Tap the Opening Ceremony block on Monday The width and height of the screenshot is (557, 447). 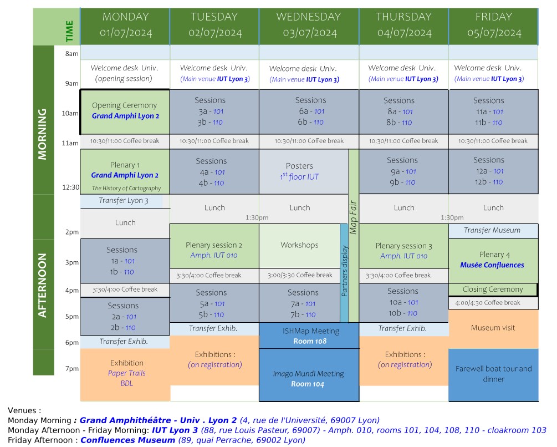tap(125, 111)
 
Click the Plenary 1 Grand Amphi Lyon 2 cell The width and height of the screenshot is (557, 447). tap(125, 170)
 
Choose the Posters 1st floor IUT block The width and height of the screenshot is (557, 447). tap(299, 171)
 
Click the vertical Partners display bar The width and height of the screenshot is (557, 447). tap(344, 272)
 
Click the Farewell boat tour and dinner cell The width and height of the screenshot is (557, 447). tap(493, 374)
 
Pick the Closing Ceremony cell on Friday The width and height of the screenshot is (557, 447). tap(492, 289)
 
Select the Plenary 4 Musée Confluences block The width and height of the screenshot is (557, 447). tap(492, 260)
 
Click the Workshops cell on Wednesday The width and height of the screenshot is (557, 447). tap(299, 245)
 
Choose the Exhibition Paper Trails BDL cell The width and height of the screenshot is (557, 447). tap(126, 373)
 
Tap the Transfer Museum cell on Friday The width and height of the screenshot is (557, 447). tap(492, 230)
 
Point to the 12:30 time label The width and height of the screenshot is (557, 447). tap(70, 187)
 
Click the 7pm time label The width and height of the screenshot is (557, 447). tap(73, 369)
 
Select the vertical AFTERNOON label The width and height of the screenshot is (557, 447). tap(43, 286)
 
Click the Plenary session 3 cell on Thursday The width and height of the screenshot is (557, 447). tap(403, 251)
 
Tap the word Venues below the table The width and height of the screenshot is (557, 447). tap(24, 410)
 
